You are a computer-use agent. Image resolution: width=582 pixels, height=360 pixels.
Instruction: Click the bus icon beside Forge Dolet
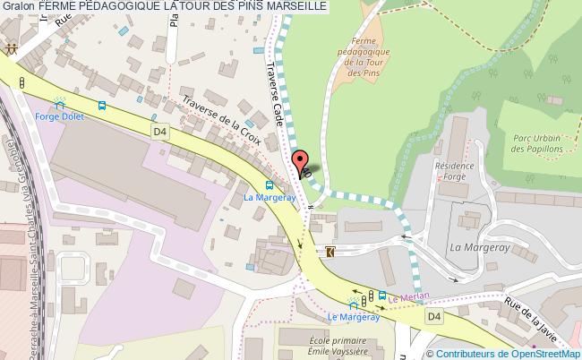(x=101, y=106)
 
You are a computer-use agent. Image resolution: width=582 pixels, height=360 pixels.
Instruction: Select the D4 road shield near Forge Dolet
(x=160, y=132)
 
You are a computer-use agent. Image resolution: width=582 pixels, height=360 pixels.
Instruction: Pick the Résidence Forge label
(x=453, y=172)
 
